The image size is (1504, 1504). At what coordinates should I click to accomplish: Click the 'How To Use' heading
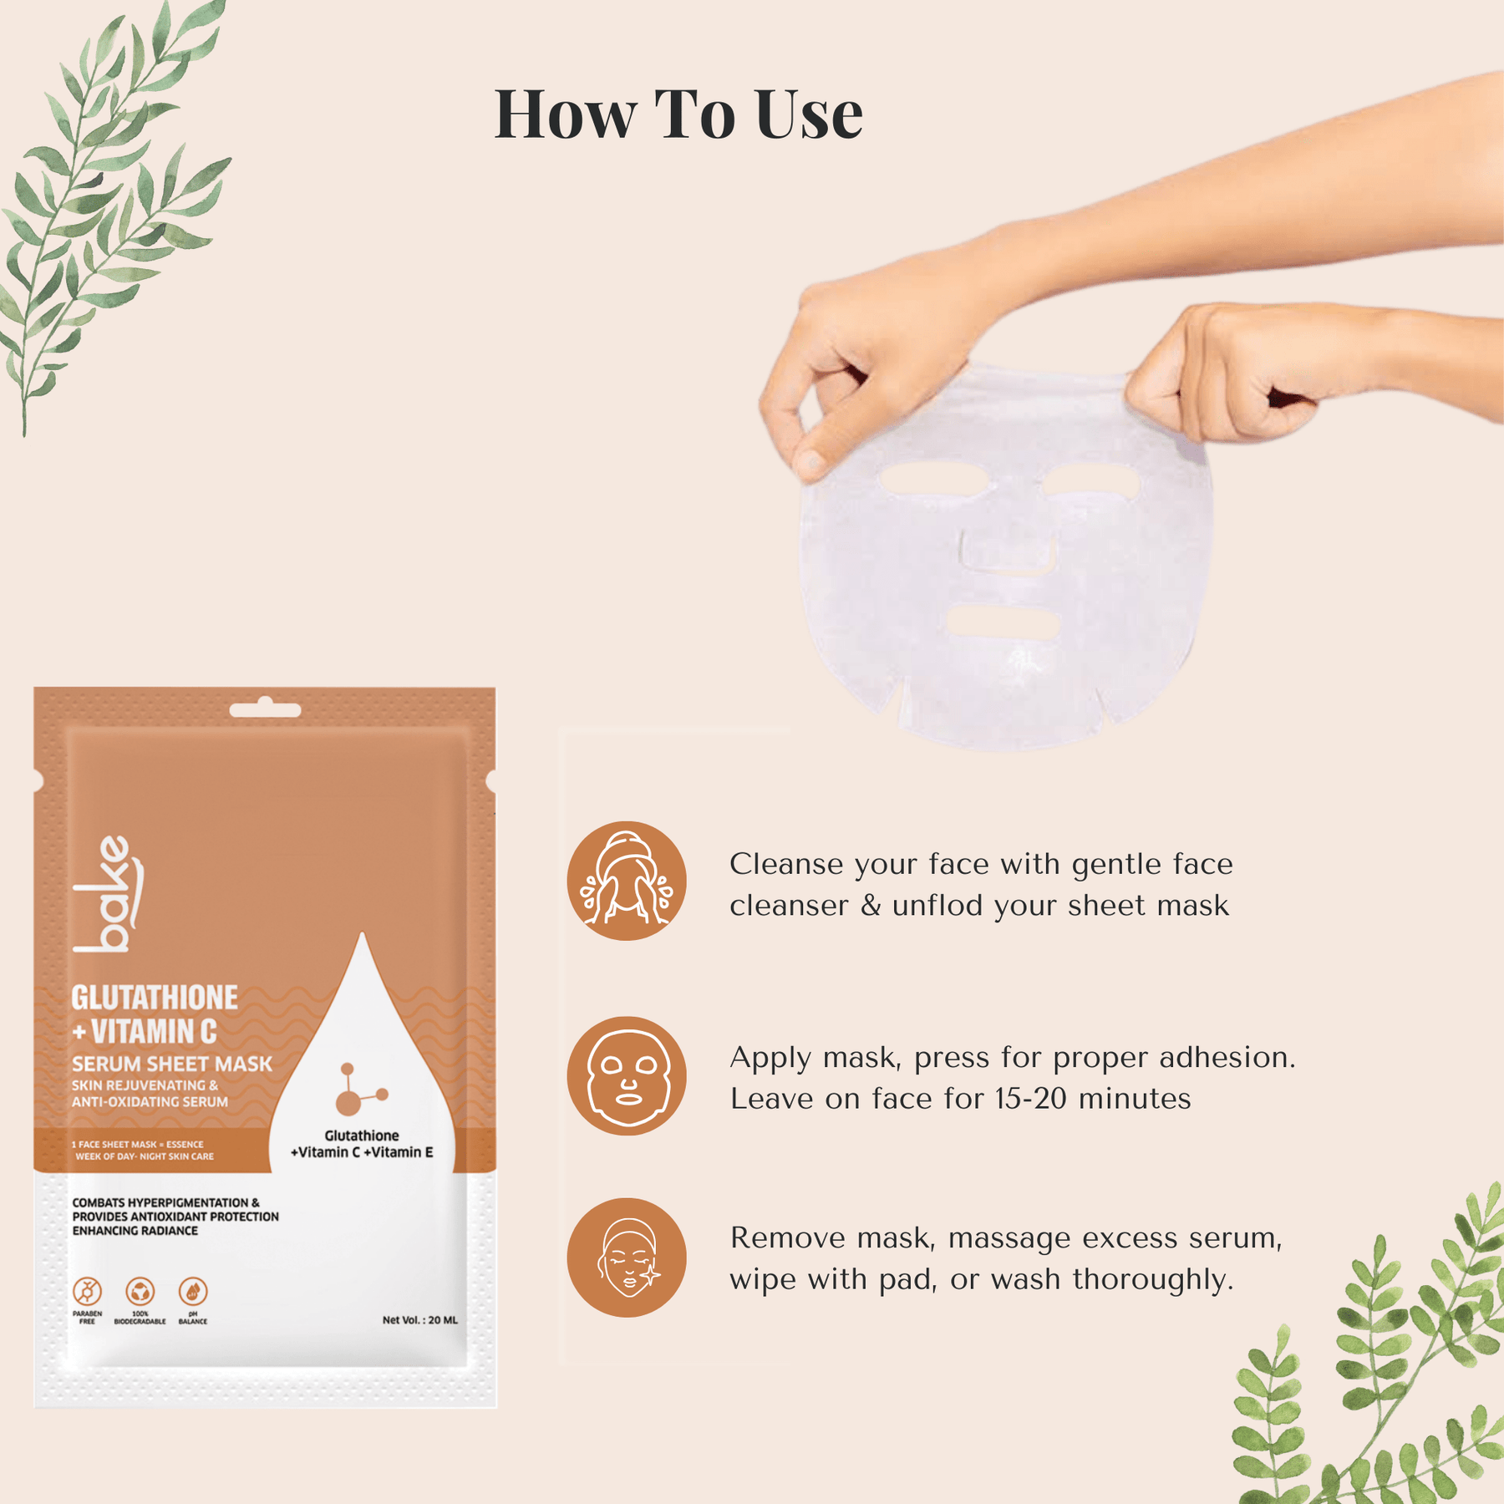pyautogui.click(x=678, y=114)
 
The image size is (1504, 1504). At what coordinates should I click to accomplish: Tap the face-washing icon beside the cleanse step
pyautogui.click(x=627, y=881)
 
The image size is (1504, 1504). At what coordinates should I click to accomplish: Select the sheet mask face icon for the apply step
pyautogui.click(x=627, y=1075)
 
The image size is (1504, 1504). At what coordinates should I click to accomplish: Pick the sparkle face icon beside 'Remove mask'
pyautogui.click(x=627, y=1258)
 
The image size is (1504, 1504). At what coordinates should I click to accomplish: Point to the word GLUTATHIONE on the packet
pyautogui.click(x=155, y=998)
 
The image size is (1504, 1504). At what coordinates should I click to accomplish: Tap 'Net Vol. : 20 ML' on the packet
pyautogui.click(x=420, y=1320)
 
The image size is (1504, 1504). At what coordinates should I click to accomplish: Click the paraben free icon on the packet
pyautogui.click(x=87, y=1292)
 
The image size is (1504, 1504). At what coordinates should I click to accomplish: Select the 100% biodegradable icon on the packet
pyautogui.click(x=140, y=1292)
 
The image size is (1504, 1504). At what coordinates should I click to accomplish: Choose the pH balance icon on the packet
pyautogui.click(x=193, y=1292)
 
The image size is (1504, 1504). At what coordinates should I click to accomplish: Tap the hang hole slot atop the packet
pyautogui.click(x=265, y=710)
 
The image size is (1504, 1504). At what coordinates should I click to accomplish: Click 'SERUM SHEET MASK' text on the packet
pyautogui.click(x=172, y=1064)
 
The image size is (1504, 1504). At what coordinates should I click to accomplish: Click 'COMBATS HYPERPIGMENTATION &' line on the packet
pyautogui.click(x=165, y=1202)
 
